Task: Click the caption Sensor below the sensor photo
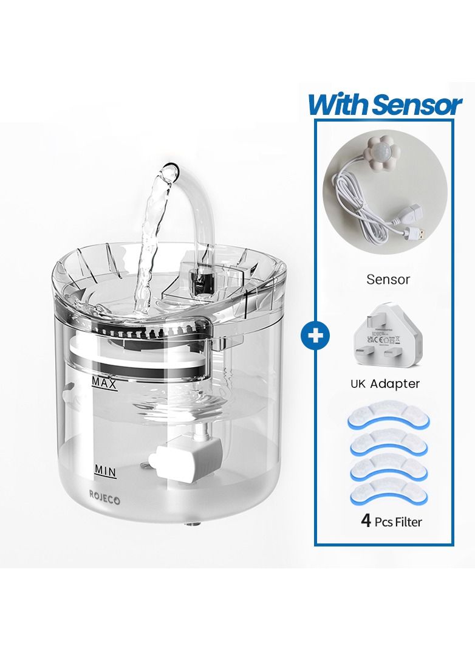388,280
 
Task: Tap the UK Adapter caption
385,384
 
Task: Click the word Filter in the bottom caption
408,522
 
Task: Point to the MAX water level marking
104,382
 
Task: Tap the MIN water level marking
105,469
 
